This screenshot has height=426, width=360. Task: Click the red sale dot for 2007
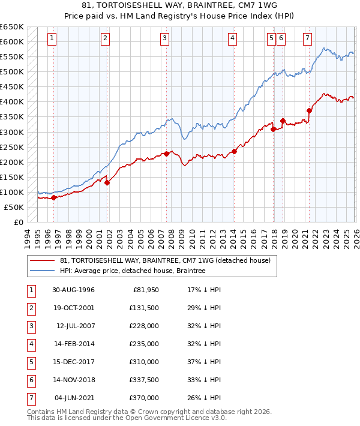(x=166, y=154)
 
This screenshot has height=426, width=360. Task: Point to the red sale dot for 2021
(x=310, y=110)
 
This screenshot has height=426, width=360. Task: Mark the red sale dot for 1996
(x=53, y=197)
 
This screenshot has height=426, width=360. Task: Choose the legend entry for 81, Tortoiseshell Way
(x=166, y=260)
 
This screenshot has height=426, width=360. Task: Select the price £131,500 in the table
(x=144, y=308)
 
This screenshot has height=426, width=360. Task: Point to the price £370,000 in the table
(x=144, y=398)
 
